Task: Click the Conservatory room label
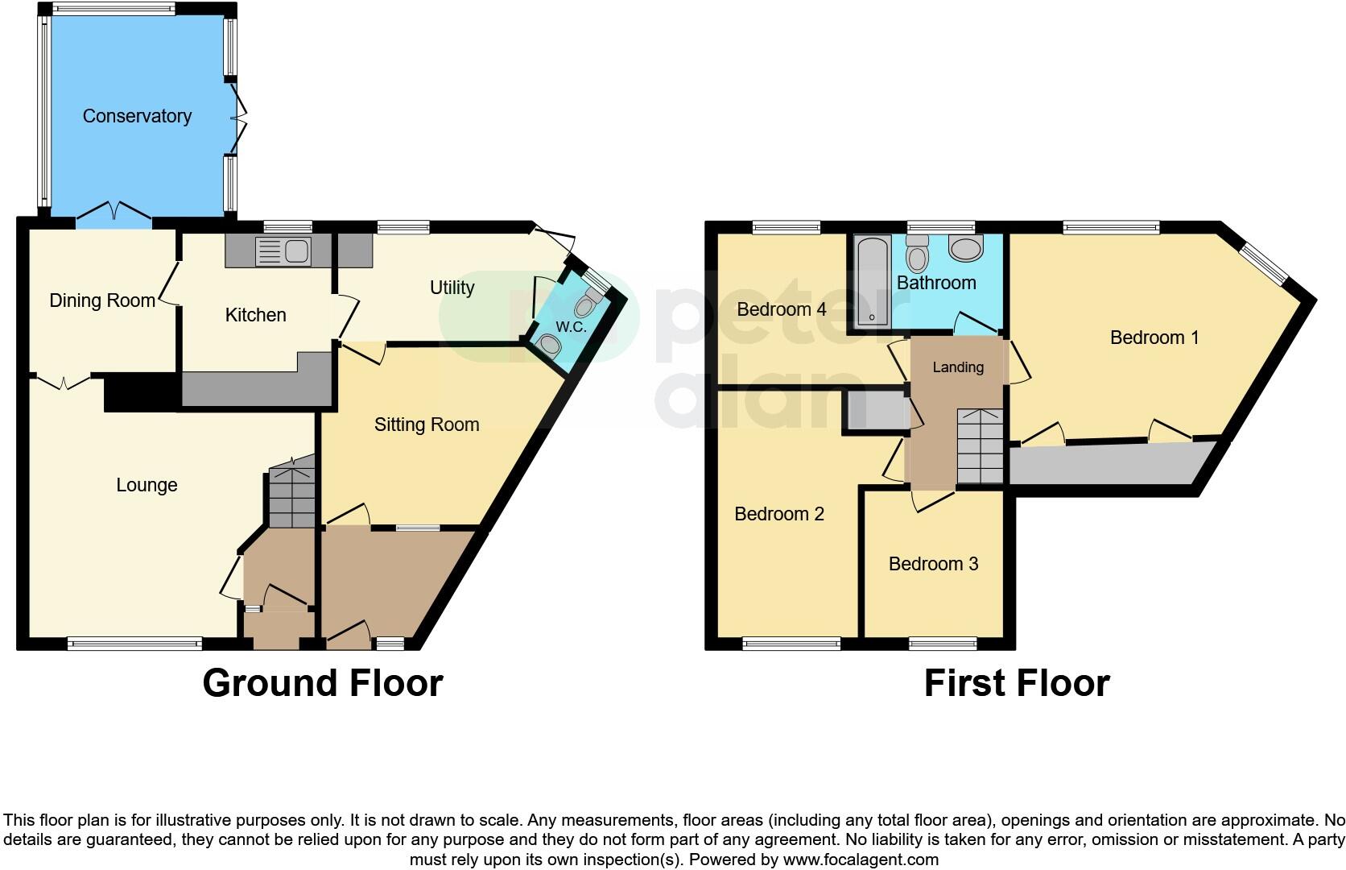coord(137,116)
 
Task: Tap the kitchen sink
coord(282,251)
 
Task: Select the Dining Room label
coord(102,300)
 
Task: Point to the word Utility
coord(452,288)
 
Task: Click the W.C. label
coord(571,327)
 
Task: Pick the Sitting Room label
coord(427,425)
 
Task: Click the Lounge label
coord(147,485)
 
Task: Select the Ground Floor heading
coord(322,683)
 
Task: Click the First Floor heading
coord(1017,683)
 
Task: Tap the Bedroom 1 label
coord(1154,338)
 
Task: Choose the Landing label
coord(958,367)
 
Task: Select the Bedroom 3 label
coord(933,564)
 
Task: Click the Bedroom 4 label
coord(782,309)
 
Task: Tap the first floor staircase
coord(980,446)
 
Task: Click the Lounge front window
coord(134,643)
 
